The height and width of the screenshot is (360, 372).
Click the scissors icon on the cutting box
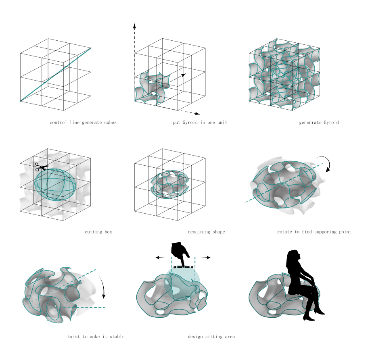42,167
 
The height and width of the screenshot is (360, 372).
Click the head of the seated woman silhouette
294,256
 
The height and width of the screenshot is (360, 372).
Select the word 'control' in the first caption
58,123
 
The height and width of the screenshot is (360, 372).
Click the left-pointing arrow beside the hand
160,257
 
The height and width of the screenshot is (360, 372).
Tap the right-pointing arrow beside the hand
206,257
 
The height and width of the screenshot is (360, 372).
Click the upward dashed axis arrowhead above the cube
134,26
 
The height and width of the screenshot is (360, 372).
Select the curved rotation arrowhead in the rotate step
328,169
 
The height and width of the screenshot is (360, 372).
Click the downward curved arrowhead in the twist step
104,296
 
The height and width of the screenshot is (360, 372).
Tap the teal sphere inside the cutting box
55,184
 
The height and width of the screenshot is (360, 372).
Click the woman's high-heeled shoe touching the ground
308,318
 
